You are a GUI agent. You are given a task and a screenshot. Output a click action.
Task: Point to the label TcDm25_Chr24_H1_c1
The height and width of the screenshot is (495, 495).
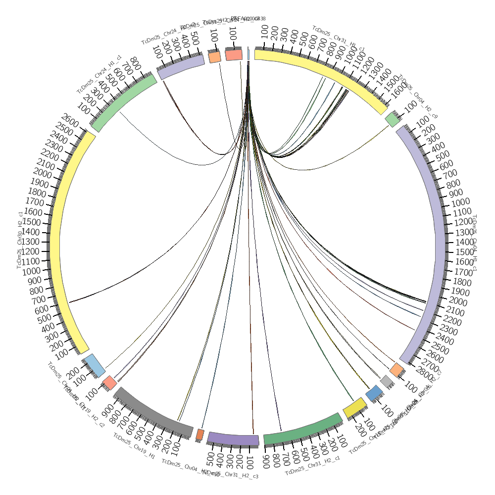[x=99, y=74]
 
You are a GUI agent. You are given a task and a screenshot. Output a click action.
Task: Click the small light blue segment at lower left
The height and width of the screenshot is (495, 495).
[x=95, y=365]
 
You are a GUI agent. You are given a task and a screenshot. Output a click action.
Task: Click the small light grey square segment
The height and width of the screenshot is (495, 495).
[x=387, y=381]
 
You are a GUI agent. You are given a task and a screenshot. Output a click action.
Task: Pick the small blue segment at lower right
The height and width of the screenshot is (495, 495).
[x=374, y=393]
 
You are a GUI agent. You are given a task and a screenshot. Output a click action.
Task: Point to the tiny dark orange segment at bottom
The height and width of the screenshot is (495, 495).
[x=200, y=435]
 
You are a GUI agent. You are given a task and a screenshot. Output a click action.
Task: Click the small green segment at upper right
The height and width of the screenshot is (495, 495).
[x=393, y=119]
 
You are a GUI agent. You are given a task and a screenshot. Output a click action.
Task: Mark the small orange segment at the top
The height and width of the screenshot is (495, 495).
[x=214, y=57]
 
